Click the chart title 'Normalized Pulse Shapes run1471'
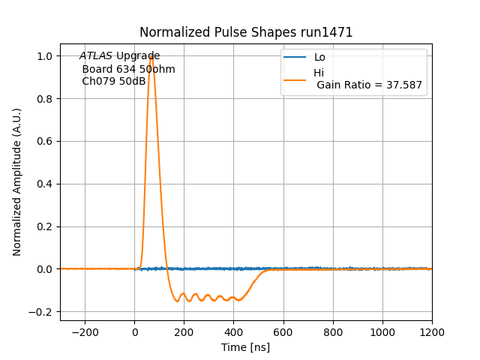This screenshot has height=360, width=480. coord(246,32)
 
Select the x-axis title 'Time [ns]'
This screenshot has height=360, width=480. coord(245,347)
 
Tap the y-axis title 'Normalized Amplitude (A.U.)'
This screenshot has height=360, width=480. coord(17,182)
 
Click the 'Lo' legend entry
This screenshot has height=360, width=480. coord(319,57)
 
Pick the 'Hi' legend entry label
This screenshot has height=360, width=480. coord(319,73)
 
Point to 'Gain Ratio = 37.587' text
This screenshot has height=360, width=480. coord(370,85)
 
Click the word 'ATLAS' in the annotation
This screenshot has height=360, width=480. coord(96,56)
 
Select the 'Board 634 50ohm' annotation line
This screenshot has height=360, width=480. coord(128,69)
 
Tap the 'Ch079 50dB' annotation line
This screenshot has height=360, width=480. coord(114,81)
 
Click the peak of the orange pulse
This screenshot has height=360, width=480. coord(151,55)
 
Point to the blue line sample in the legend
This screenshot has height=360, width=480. coord(295,57)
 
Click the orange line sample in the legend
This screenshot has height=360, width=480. coord(295,78)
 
